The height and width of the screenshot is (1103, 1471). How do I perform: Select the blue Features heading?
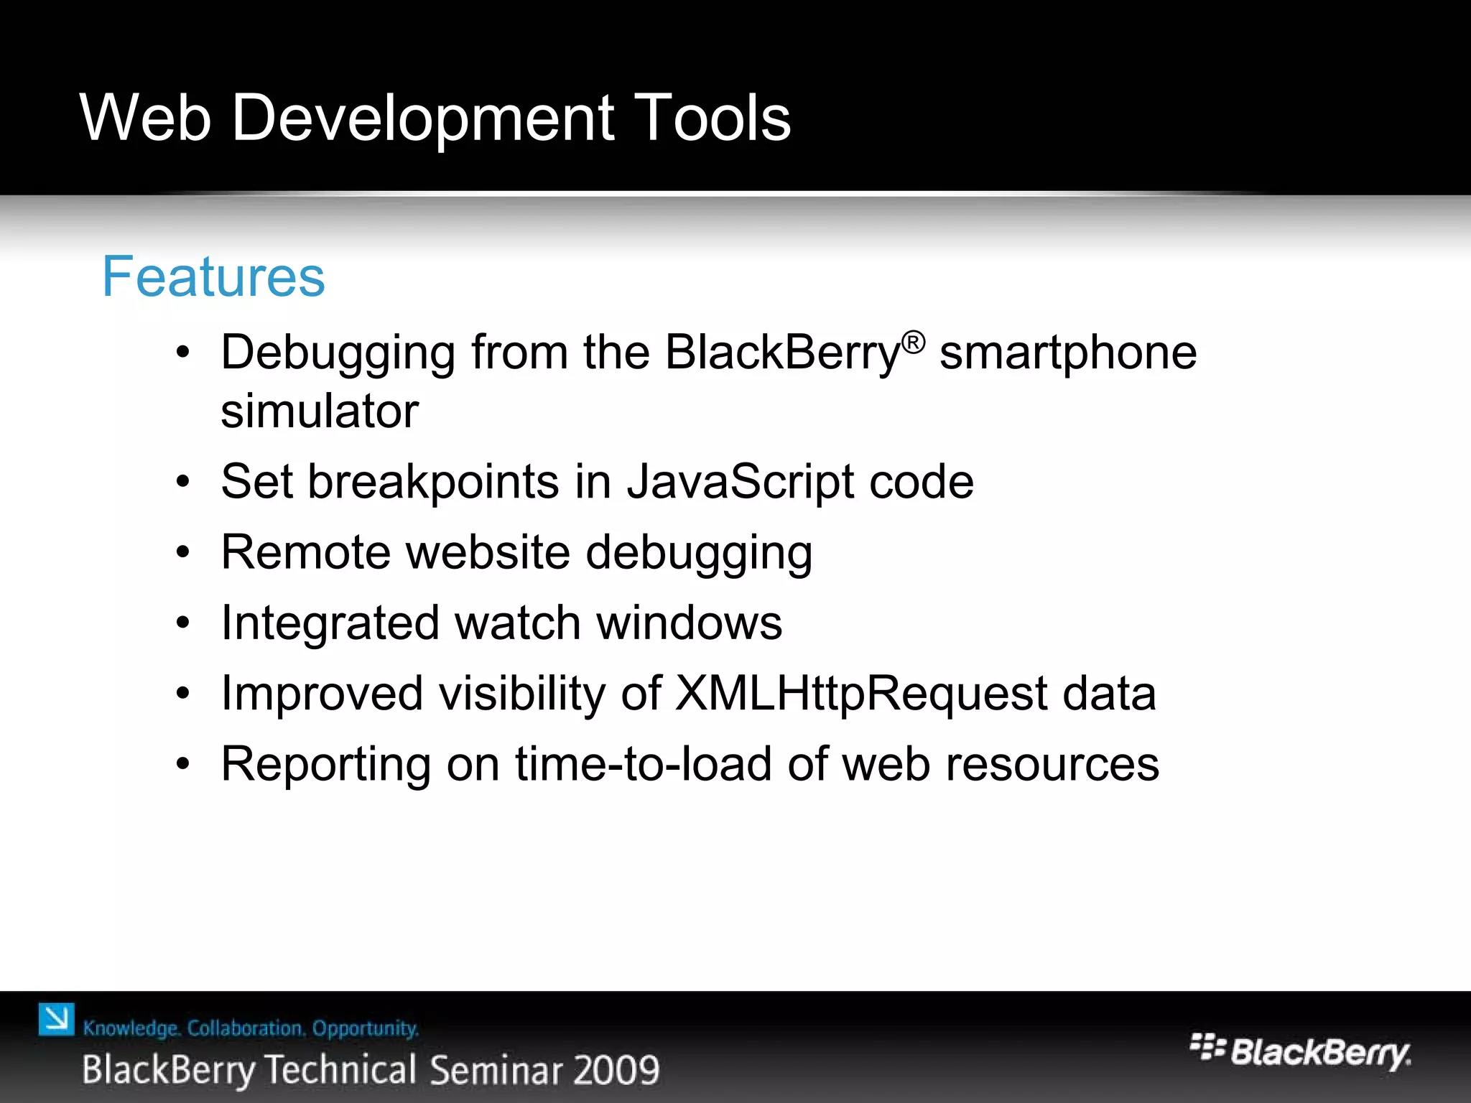(213, 276)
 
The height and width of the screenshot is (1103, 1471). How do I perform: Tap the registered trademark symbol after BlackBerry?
(913, 343)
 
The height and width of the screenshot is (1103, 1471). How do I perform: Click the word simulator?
(320, 411)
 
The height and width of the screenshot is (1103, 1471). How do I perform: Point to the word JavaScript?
(740, 482)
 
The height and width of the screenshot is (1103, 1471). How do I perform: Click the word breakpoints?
(433, 482)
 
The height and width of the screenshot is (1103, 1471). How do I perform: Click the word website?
(488, 552)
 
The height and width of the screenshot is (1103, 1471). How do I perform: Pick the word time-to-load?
(643, 764)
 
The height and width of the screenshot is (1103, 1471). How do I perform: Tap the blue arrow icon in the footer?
(57, 1020)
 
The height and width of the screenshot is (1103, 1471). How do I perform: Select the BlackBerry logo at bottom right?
(1300, 1052)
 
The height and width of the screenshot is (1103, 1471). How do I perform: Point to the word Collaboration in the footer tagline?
(246, 1028)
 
